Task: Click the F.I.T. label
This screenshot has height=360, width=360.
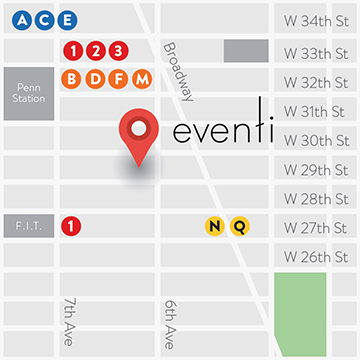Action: [x=27, y=226]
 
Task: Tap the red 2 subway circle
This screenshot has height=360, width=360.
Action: [x=95, y=50]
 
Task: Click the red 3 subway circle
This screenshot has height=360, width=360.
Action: [x=118, y=50]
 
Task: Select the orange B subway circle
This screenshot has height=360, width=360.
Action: [x=72, y=78]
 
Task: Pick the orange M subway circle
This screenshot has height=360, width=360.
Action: [x=142, y=78]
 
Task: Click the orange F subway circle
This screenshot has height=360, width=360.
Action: [x=119, y=78]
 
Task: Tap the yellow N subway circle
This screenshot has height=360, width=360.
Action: [x=214, y=226]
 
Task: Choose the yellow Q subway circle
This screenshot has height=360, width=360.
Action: [x=239, y=226]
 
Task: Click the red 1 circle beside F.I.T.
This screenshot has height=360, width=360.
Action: [x=71, y=226]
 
